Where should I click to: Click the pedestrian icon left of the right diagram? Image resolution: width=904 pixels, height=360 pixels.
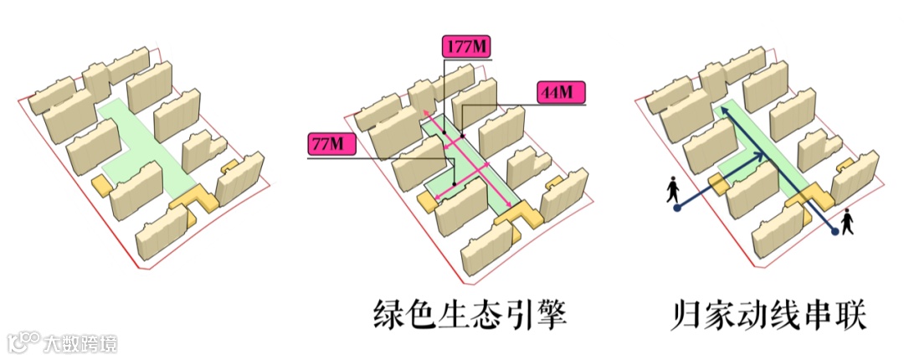click(673, 189)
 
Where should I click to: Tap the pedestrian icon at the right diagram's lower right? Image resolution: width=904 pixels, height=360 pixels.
click(848, 221)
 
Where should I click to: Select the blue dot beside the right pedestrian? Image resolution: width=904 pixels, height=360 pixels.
click(835, 232)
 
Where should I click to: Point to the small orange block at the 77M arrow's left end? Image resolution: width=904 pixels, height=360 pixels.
click(426, 200)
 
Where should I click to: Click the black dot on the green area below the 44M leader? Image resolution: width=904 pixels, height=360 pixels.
click(462, 136)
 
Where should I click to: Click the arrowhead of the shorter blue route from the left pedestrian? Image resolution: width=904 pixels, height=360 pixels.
click(761, 155)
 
